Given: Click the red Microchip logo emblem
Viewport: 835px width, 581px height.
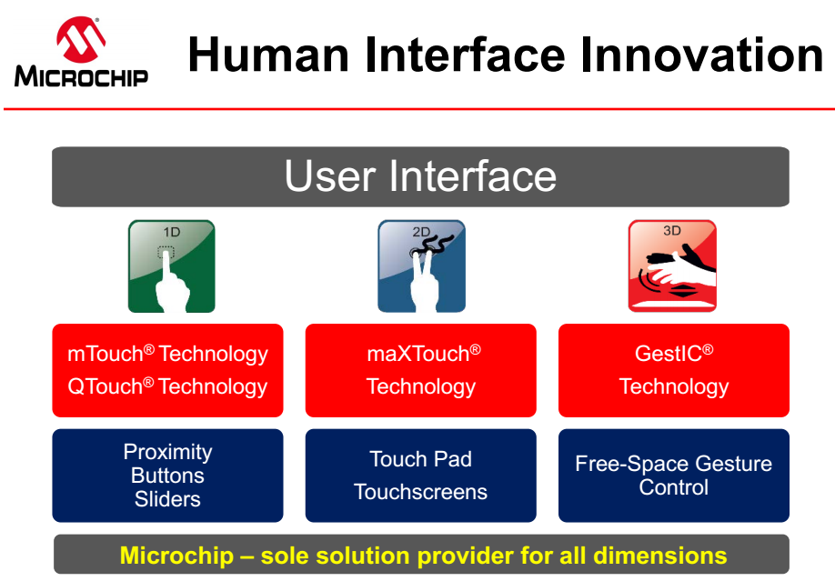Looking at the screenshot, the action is (80, 39).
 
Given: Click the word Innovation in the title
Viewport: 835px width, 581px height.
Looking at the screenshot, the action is (702, 55).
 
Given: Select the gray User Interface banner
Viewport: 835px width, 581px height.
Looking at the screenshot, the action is (420, 176).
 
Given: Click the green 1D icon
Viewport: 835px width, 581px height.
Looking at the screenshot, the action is (172, 265).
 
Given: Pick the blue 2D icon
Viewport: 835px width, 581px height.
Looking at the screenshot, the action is (421, 265).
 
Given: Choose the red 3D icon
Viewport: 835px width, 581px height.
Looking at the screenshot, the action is (672, 265).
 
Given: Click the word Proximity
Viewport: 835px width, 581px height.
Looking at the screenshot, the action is (167, 452).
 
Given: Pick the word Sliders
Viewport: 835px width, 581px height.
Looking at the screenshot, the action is (167, 499).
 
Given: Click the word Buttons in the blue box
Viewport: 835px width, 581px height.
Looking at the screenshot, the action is (167, 476).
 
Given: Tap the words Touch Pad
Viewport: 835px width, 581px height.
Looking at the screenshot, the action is (421, 459).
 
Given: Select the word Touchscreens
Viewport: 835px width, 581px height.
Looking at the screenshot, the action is (421, 492).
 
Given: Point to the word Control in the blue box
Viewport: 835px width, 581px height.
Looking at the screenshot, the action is (674, 487).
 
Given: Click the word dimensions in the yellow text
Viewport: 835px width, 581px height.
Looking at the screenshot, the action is (659, 556).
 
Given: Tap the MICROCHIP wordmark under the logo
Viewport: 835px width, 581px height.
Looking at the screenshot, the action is (81, 75).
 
